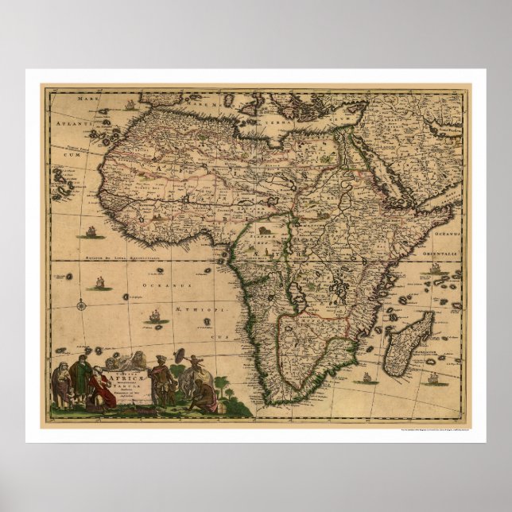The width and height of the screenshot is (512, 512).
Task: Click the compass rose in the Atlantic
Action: pos(82,302)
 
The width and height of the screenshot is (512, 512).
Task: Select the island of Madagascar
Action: pos(409,343)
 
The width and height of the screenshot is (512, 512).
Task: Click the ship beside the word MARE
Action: pos(130,104)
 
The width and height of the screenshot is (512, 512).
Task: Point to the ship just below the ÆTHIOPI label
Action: pos(155,317)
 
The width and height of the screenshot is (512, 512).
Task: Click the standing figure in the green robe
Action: pos(80,378)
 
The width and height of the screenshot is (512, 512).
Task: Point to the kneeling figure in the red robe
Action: pos(102,390)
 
